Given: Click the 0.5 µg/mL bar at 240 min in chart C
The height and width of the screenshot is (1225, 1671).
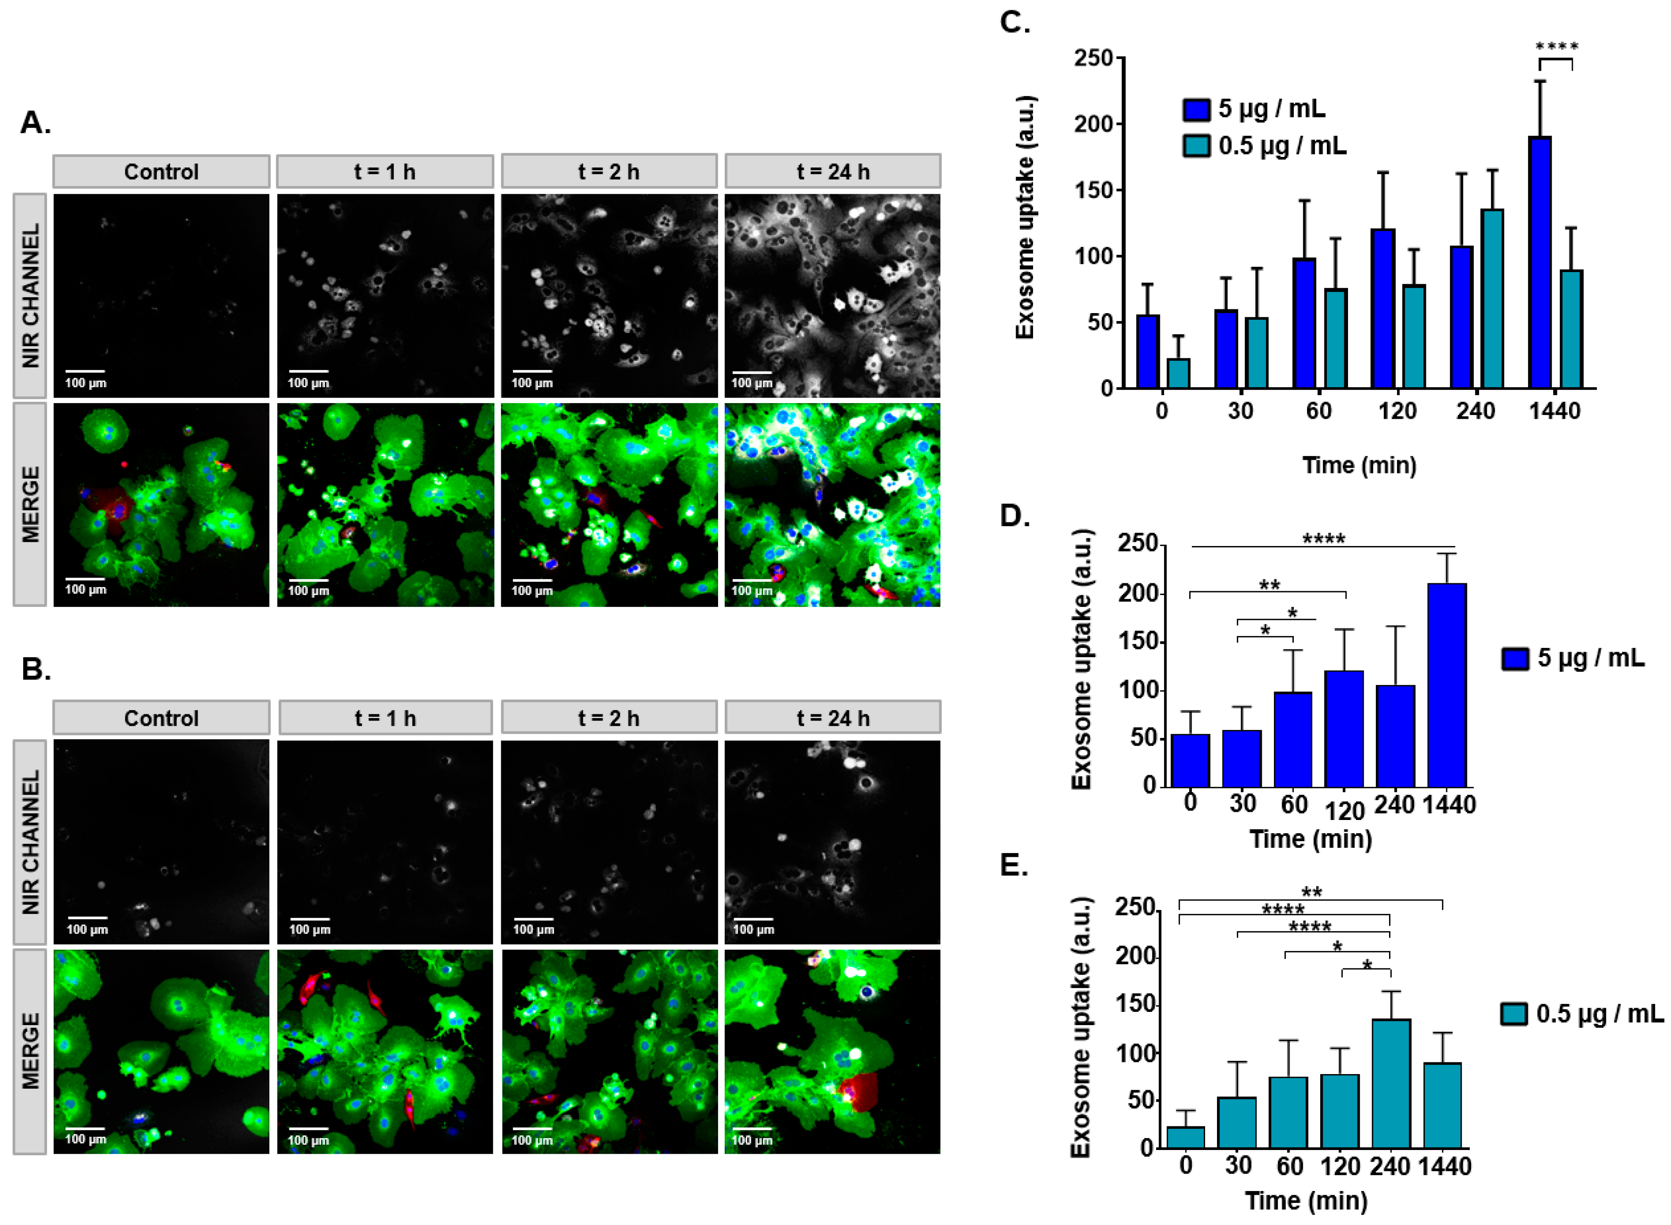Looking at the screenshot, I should [x=1491, y=298].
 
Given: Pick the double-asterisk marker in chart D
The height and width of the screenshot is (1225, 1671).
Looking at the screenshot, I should [x=1269, y=585].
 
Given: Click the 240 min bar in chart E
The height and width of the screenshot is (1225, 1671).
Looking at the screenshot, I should [x=1391, y=1084].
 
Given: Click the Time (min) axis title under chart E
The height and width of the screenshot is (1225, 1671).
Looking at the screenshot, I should [x=1306, y=1200].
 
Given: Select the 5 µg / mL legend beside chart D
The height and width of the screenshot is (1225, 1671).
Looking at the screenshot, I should [x=1573, y=658].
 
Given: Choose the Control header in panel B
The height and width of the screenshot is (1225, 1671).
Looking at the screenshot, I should [x=161, y=718].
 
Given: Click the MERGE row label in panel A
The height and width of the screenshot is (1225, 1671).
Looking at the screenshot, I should [x=30, y=504].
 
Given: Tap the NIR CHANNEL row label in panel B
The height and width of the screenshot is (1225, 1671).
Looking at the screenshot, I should [x=30, y=842].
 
